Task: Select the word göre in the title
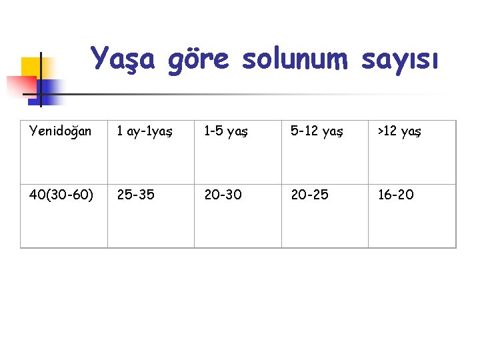(x=198, y=59)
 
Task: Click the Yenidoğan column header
(x=60, y=131)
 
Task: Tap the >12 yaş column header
(x=400, y=131)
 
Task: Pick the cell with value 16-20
(x=395, y=195)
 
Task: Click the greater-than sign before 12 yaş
(x=381, y=131)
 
